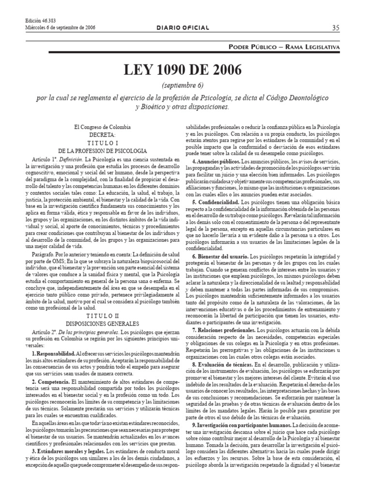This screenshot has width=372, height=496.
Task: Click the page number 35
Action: tap(336, 28)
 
